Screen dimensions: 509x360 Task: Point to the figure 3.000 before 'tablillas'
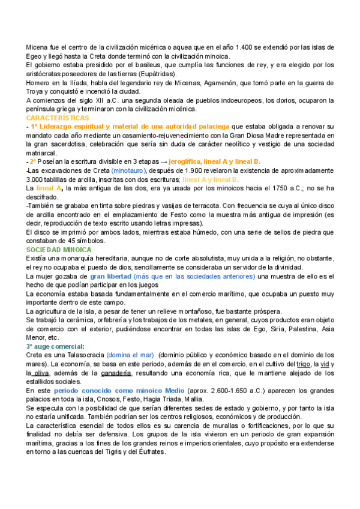click(x=36, y=179)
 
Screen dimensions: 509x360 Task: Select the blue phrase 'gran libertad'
click(x=110, y=276)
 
